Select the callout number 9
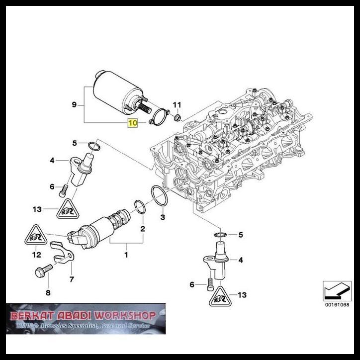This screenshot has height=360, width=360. [74, 104]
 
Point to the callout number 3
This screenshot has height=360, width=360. [163, 217]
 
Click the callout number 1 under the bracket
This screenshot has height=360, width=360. [126, 255]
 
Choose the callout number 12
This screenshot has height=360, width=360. [36, 255]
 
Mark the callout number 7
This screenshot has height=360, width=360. [72, 279]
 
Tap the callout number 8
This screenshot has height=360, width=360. [48, 293]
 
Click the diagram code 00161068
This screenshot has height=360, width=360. [336, 304]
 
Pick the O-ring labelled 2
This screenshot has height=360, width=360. [140, 207]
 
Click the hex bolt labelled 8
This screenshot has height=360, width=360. [41, 272]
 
